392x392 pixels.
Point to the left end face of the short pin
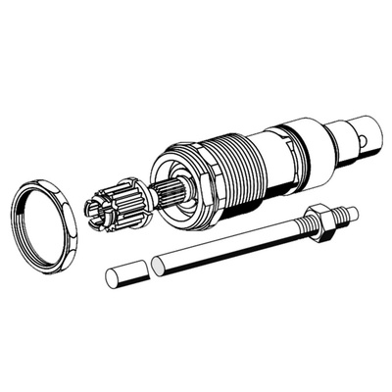point(111,279)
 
